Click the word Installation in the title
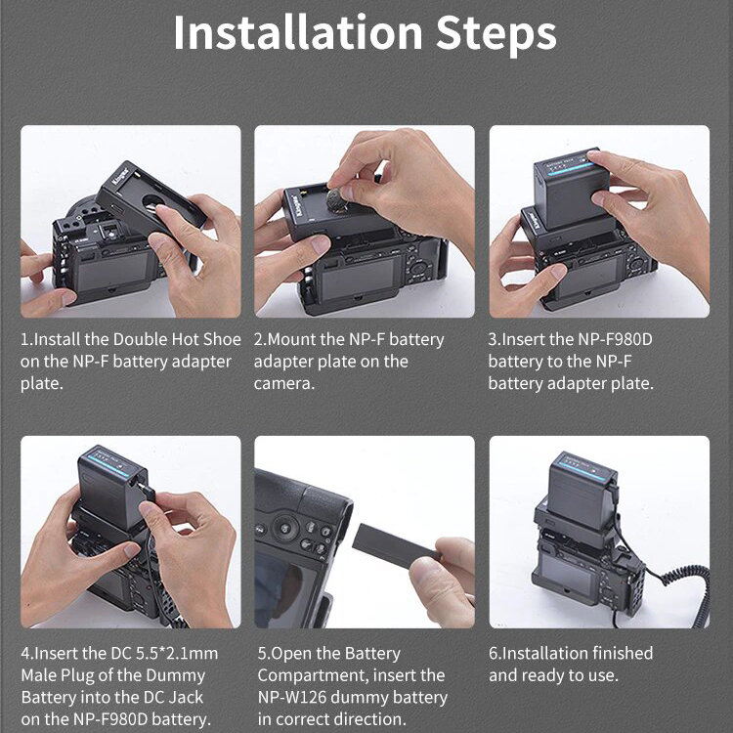(x=298, y=32)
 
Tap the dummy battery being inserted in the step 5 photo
(x=396, y=545)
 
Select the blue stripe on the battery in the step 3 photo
(x=570, y=170)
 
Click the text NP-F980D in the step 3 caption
(x=615, y=339)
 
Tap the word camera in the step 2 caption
(x=284, y=384)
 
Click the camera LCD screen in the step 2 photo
(x=359, y=279)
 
